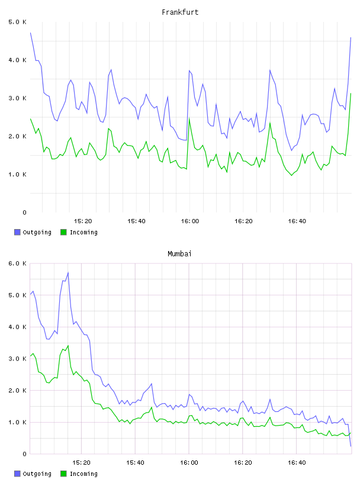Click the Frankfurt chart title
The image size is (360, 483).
click(x=180, y=12)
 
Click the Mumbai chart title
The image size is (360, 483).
click(x=179, y=254)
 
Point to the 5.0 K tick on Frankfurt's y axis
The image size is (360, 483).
click(x=18, y=22)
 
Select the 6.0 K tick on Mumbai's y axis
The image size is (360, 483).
click(x=18, y=263)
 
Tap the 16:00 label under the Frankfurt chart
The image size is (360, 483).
click(x=190, y=221)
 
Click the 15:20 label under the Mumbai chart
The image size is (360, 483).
click(x=81, y=463)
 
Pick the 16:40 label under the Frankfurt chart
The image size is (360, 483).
click(x=297, y=221)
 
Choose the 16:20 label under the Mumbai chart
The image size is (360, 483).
click(x=243, y=463)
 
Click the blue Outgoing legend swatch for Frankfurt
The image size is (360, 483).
click(x=17, y=232)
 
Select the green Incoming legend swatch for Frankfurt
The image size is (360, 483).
click(x=63, y=232)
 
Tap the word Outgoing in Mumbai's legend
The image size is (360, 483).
click(x=37, y=474)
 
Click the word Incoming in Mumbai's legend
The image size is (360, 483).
click(x=83, y=474)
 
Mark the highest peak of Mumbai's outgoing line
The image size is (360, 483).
click(x=68, y=273)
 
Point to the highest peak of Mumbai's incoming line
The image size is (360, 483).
click(x=68, y=346)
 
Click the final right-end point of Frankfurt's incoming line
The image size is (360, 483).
click(x=351, y=94)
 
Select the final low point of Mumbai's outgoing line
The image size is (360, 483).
click(x=351, y=446)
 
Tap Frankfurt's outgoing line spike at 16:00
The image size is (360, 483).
click(x=189, y=70)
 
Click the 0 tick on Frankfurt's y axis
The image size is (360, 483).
click(x=25, y=212)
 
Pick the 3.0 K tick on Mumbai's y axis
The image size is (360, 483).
click(x=18, y=359)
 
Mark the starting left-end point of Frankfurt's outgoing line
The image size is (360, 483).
click(x=31, y=33)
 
